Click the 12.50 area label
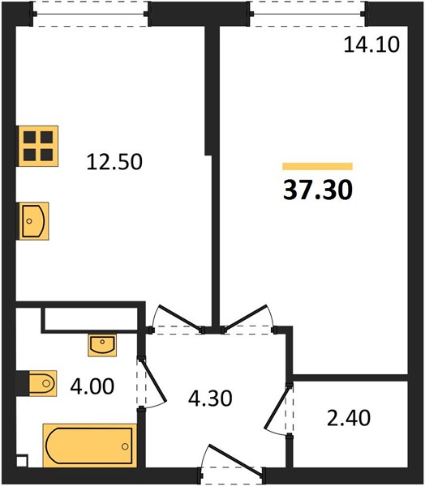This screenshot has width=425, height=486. tap(114, 162)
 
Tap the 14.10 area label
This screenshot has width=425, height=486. tap(371, 45)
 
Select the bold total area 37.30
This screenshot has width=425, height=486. tap(318, 190)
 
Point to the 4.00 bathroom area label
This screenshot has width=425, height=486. tap(92, 386)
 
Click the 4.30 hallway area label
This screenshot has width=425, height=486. tap(210, 399)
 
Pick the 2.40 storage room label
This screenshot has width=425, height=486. tap(349, 418)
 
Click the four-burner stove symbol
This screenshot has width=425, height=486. tap(37, 146)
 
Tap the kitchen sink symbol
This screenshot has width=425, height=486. tap(33, 221)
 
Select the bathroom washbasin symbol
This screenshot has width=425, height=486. tap(102, 345)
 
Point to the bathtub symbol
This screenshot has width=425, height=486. tap(90, 446)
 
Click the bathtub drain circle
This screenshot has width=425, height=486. tap(125, 446)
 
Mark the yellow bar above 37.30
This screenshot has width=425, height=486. tap(318, 166)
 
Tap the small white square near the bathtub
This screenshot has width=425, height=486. tap(23, 461)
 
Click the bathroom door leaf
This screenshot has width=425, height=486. tap(153, 381)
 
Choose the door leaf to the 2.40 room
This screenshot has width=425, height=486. tap(277, 407)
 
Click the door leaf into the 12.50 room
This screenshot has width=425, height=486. tap(179, 317)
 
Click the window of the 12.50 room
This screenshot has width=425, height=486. tap(90, 14)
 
